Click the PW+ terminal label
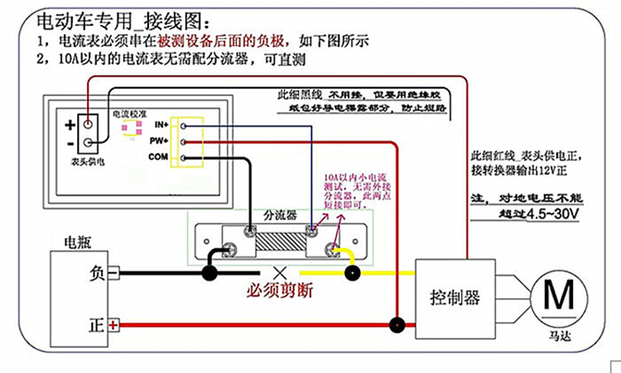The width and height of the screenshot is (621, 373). (x=160, y=141)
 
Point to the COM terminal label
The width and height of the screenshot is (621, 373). (x=158, y=157)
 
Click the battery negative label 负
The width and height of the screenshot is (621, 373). (x=97, y=272)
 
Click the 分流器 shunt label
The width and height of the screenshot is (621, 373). (x=280, y=214)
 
